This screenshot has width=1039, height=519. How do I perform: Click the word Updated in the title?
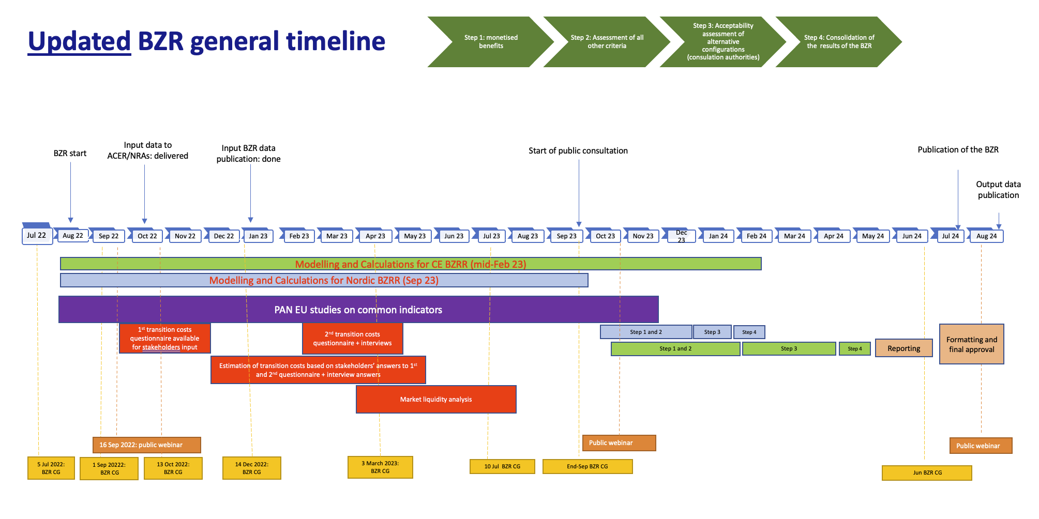[79, 41]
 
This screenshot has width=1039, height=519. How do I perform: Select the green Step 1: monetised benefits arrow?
[490, 42]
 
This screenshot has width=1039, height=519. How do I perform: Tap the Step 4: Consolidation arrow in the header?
[838, 42]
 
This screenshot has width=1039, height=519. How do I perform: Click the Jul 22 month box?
[37, 236]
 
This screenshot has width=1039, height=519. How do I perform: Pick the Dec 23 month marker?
[681, 236]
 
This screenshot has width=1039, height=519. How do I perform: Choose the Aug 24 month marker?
[986, 236]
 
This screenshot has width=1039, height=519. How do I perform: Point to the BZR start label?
[70, 154]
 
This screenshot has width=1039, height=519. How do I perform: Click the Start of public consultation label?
[578, 151]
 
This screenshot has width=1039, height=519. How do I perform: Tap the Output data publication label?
[998, 190]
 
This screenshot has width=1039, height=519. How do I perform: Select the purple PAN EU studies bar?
[358, 310]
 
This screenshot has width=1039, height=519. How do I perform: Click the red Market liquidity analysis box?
[435, 399]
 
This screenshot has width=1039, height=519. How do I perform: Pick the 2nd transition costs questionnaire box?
[352, 339]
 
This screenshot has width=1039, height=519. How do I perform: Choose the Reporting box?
[904, 348]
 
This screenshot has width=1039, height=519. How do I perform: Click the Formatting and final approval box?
[971, 344]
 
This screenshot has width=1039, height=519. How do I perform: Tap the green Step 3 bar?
[789, 349]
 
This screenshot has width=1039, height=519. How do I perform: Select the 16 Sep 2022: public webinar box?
[146, 445]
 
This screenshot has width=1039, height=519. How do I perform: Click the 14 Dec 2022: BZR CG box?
[252, 468]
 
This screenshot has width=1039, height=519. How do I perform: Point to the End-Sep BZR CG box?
[587, 466]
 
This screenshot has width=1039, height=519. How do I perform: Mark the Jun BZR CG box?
[927, 472]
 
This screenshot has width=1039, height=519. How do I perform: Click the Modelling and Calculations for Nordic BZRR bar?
[324, 280]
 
